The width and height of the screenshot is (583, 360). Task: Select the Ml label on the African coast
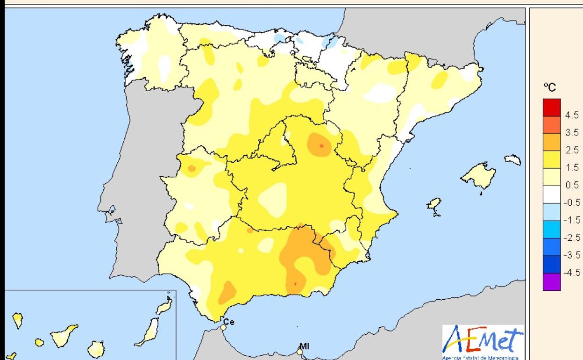point(304,346)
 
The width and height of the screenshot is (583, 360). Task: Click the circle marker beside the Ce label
point(223,327)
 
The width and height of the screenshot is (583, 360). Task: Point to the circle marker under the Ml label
point(300,352)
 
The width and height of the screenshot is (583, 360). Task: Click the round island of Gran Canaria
point(95,348)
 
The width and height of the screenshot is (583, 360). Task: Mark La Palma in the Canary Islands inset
point(17,320)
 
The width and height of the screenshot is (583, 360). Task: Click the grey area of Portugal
point(135,187)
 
